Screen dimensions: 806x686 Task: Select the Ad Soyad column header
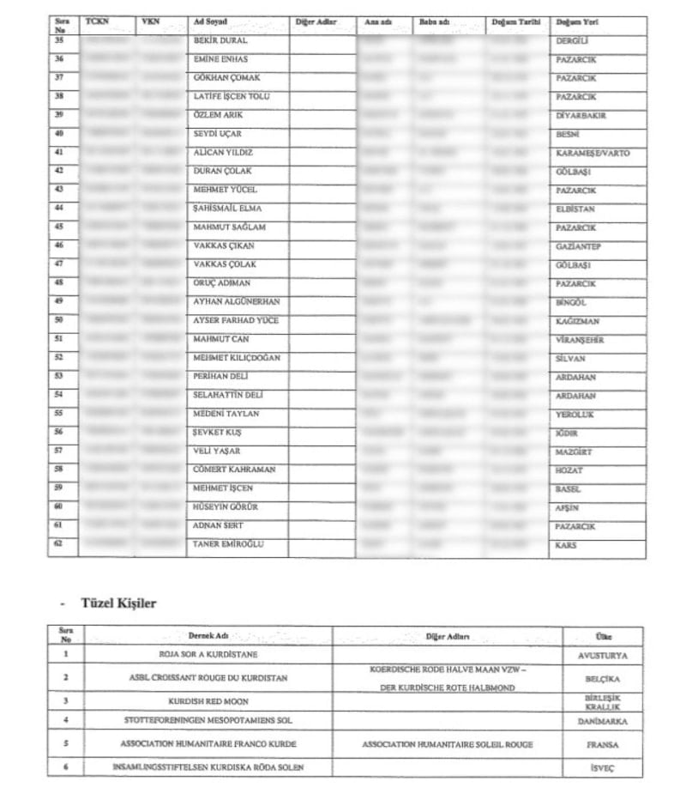pyautogui.click(x=211, y=21)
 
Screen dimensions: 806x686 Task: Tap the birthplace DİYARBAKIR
pyautogui.click(x=582, y=115)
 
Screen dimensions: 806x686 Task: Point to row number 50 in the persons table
pyautogui.click(x=59, y=320)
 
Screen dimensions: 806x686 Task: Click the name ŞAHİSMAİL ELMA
pyautogui.click(x=227, y=209)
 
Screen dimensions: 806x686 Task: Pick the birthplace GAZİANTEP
pyautogui.click(x=578, y=246)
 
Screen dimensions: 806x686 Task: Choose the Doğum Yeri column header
pyautogui.click(x=576, y=21)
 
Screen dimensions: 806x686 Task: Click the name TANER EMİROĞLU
pyautogui.click(x=228, y=544)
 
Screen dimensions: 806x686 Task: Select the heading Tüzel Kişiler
pyautogui.click(x=118, y=603)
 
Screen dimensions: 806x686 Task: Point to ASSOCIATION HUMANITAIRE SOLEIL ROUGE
pyautogui.click(x=447, y=744)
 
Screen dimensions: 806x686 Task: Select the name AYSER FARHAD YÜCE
pyautogui.click(x=236, y=320)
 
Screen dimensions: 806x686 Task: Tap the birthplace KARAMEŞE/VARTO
pyautogui.click(x=593, y=153)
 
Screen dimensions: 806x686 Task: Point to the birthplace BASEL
pyautogui.click(x=569, y=488)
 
